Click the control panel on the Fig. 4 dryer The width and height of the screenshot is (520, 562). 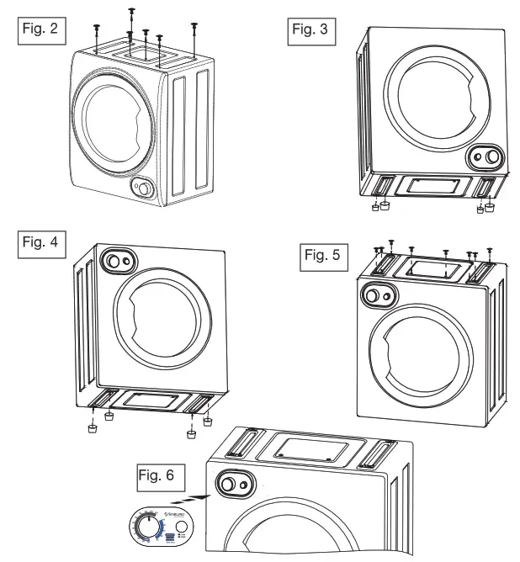pos(117,260)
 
